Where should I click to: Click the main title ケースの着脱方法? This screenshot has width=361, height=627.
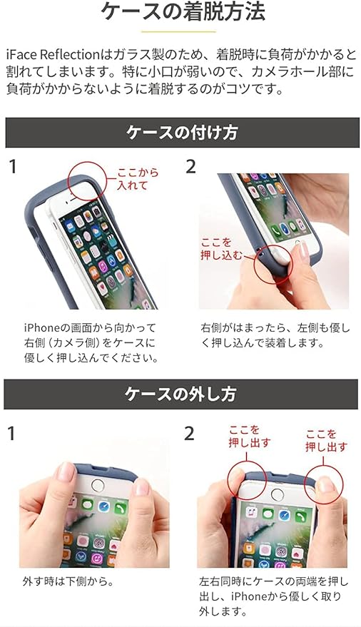183,12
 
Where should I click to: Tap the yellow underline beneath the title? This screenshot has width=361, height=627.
178,31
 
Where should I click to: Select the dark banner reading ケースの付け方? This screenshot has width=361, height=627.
183,133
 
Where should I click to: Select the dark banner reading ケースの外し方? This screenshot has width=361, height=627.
180,394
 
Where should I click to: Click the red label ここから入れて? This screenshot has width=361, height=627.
138,179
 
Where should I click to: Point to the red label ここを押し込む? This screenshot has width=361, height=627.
221,249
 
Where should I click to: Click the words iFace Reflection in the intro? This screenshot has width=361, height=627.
52,54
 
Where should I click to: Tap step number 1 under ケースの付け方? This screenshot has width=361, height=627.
13,167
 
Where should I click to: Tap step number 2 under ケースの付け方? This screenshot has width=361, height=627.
191,167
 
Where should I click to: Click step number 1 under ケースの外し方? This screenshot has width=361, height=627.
11,434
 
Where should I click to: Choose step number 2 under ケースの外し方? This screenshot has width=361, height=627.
189,434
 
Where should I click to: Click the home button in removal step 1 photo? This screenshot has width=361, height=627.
98,486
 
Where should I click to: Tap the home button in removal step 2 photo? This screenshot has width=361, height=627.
277,494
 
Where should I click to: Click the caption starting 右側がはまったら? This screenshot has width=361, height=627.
275,335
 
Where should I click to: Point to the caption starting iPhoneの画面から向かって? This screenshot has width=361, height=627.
91,343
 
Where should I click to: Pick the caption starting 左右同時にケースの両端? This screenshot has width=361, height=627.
273,596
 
